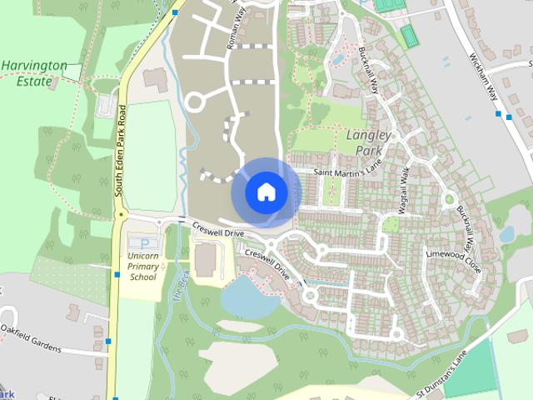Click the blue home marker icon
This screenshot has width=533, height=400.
(266, 192)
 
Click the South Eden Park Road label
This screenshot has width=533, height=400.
(119, 150)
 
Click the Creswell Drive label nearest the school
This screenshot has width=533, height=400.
(217, 228)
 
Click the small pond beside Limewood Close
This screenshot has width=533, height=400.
(506, 234)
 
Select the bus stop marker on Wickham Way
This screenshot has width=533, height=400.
(498, 114)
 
